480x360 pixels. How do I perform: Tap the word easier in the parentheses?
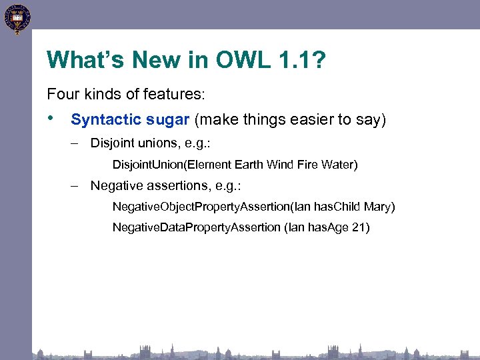pos(309,120)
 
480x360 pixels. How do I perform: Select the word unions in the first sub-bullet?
pos(156,143)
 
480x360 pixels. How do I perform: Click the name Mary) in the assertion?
pos(379,207)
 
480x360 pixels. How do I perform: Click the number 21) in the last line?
pos(360,228)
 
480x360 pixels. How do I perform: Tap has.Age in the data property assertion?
pos(327,228)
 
